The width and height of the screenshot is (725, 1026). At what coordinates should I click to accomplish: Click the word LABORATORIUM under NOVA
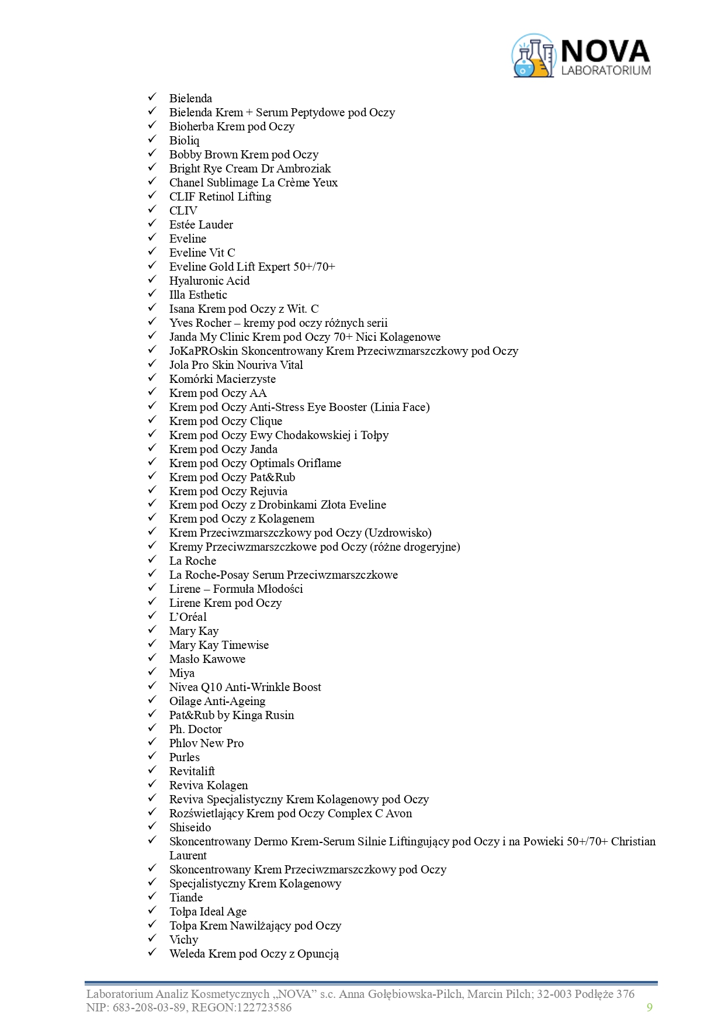(606, 71)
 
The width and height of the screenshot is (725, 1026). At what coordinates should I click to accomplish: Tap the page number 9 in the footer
(649, 1007)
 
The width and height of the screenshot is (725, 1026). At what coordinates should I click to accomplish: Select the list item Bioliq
(184, 141)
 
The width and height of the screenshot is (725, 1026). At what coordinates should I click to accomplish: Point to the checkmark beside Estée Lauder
(152, 223)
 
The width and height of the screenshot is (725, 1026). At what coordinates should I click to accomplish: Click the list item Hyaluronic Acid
(209, 281)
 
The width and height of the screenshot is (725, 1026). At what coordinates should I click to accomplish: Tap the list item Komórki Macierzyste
(222, 379)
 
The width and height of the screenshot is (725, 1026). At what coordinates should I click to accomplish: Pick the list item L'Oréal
(188, 617)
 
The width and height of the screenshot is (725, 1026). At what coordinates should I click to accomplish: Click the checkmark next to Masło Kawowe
(152, 658)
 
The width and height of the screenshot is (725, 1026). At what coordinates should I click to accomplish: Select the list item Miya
(182, 673)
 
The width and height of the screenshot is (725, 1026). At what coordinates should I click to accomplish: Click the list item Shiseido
(190, 828)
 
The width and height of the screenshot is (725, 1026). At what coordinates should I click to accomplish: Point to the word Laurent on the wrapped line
(188, 856)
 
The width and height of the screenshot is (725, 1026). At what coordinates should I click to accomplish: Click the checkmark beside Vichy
(152, 938)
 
